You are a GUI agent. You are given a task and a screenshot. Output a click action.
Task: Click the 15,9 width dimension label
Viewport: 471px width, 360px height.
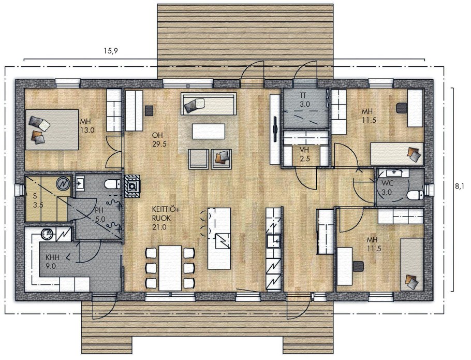click(x=111, y=51)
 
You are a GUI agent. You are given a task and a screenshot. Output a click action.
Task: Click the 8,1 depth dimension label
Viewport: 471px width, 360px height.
click(x=460, y=186)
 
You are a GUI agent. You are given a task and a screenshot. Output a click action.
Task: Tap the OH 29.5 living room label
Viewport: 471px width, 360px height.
click(x=159, y=140)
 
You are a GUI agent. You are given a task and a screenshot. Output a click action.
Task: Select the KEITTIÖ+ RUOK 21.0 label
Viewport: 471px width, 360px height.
click(x=166, y=219)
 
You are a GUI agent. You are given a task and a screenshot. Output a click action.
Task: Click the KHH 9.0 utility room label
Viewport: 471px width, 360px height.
click(x=52, y=262)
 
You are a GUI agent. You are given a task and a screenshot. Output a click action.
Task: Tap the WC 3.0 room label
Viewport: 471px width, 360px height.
click(x=387, y=188)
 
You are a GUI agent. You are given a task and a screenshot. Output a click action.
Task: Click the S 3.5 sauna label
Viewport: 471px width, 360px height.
click(x=38, y=201)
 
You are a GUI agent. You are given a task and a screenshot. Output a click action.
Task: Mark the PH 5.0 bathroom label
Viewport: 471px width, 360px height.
click(x=100, y=215)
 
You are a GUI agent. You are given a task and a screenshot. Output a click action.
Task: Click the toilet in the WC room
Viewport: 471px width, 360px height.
click(x=416, y=195)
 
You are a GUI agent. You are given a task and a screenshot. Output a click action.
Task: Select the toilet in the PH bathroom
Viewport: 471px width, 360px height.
click(x=113, y=183)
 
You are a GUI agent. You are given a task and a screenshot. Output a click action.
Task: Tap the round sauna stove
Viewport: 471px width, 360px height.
click(x=63, y=184)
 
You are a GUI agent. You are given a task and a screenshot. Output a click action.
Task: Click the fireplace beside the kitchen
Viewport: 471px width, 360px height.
click(x=131, y=186)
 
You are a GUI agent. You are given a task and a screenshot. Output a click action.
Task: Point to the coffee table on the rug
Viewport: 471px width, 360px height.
click(x=209, y=132)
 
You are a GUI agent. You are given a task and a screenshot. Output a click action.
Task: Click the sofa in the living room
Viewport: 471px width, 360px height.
click(x=209, y=104)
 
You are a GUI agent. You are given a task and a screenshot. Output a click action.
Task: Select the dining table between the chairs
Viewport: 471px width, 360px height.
click(x=170, y=268)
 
